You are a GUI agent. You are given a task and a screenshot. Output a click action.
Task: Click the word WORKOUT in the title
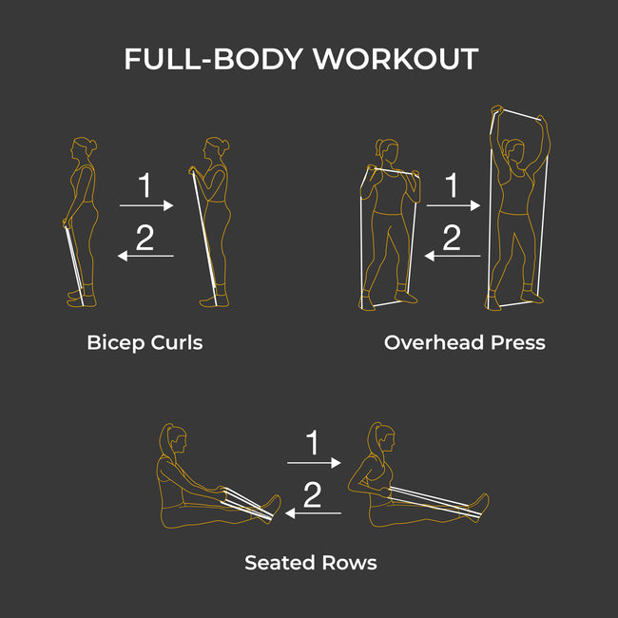click(396, 59)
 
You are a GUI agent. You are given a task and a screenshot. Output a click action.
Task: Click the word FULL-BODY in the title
click(213, 59)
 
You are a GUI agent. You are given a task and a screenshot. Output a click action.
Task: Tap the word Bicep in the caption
click(115, 343)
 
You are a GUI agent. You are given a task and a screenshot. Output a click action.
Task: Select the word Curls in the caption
click(177, 342)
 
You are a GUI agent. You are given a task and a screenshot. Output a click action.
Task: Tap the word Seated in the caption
click(280, 563)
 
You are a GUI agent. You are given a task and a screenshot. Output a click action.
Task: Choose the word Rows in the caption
click(350, 563)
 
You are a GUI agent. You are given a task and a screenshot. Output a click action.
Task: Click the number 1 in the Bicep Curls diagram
click(145, 184)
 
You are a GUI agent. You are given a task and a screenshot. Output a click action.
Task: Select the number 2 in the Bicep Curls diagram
click(145, 238)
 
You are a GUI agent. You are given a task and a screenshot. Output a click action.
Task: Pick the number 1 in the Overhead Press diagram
click(452, 184)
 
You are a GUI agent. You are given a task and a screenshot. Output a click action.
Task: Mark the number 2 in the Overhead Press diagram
click(452, 238)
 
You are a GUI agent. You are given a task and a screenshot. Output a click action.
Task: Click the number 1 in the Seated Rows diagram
click(313, 442)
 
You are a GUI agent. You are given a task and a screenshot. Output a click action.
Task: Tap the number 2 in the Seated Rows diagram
click(312, 494)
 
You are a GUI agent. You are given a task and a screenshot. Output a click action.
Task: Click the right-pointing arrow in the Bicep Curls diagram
click(146, 205)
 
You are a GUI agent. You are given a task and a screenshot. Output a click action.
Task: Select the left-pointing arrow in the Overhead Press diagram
click(453, 256)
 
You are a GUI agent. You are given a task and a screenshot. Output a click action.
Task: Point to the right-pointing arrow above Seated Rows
click(314, 463)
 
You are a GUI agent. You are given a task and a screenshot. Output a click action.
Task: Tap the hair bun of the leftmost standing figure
click(93, 145)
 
